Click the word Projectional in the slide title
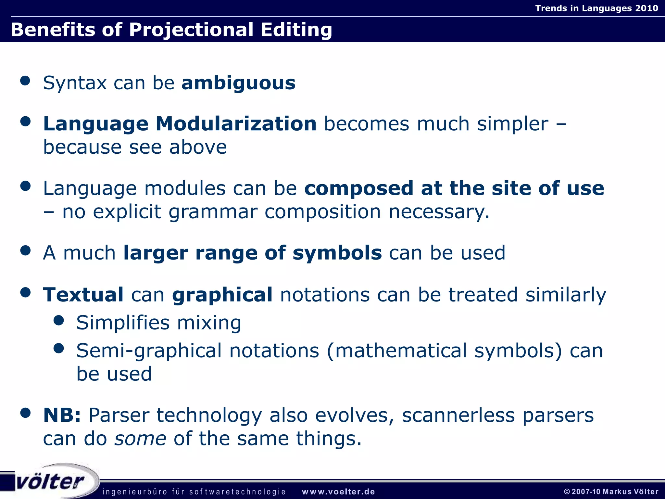[x=191, y=30]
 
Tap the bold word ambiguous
[x=238, y=83]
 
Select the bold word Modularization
[x=236, y=124]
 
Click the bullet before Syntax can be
[x=25, y=81]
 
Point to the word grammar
[x=213, y=212]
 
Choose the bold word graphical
[x=222, y=295]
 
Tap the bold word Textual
[x=83, y=295]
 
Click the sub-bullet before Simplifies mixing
[x=58, y=321]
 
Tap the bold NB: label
[x=62, y=415]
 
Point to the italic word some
[x=140, y=439]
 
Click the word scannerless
[x=458, y=415]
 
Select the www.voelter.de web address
[x=338, y=492]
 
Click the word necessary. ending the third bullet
[x=439, y=212]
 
